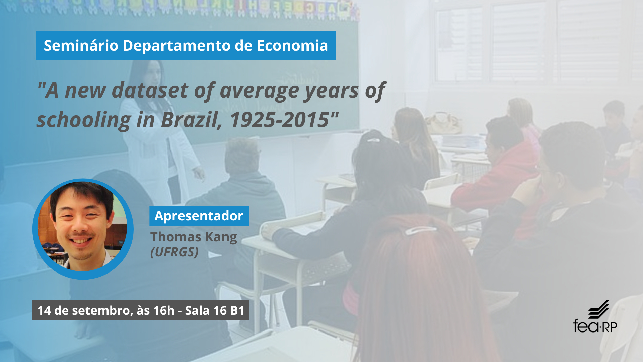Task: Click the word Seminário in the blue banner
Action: tap(81, 45)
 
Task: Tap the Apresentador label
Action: tap(199, 216)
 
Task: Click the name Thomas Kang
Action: tap(194, 237)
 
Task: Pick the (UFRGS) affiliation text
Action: tap(174, 252)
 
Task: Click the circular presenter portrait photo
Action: tap(83, 229)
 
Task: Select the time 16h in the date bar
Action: tap(164, 310)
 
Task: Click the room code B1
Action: tap(237, 310)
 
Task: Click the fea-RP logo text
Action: tap(595, 326)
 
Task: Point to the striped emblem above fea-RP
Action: tap(599, 309)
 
